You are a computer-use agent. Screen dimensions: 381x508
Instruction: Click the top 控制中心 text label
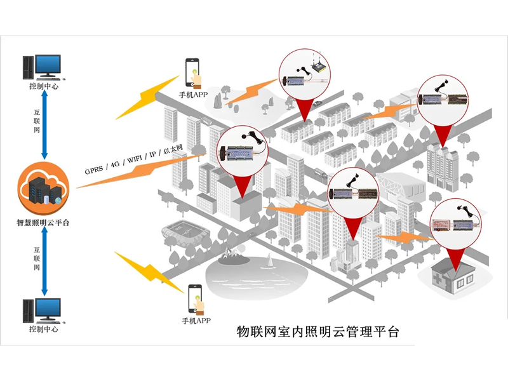43,86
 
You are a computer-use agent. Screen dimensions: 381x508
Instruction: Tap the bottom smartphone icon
194,298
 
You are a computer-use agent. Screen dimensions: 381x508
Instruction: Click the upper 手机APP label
193,95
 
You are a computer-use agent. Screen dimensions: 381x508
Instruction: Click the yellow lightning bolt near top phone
145,97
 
